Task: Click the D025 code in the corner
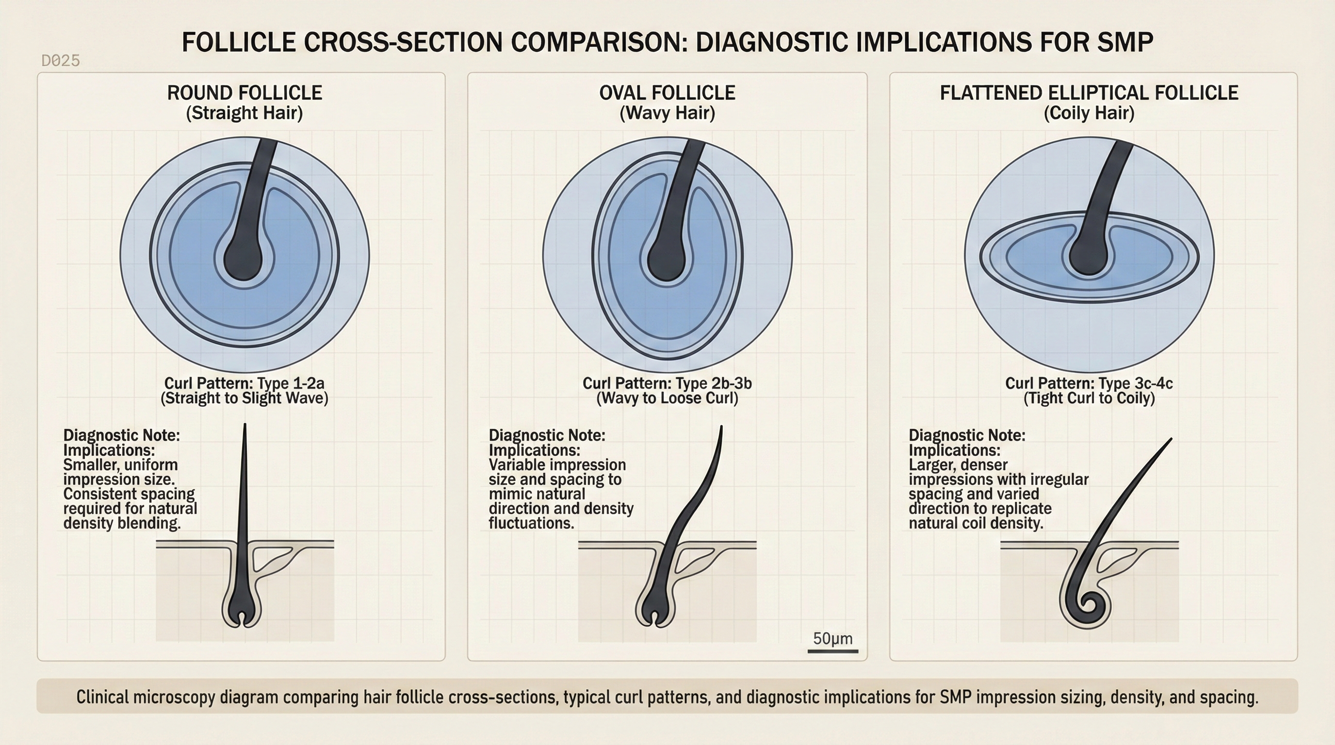click(61, 61)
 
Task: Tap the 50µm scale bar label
click(832, 638)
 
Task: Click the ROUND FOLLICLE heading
click(244, 93)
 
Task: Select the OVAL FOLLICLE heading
click(667, 93)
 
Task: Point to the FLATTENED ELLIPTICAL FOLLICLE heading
click(1089, 93)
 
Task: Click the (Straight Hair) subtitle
click(244, 113)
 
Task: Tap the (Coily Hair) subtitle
click(1089, 113)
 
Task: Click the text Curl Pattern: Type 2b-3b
click(667, 383)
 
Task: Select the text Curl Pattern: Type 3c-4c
click(1089, 383)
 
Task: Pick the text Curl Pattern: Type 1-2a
click(244, 383)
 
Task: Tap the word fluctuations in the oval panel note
click(531, 523)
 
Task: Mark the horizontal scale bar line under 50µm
click(832, 651)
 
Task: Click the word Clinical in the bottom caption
click(99, 697)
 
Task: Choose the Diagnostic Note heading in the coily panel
click(966, 435)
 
